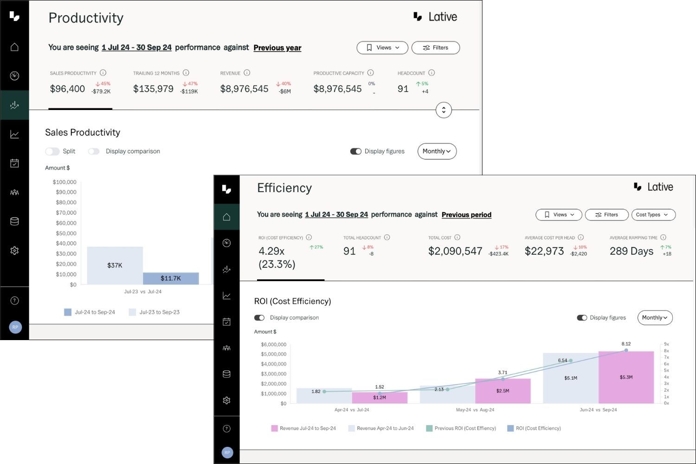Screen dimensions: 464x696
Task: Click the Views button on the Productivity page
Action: point(382,48)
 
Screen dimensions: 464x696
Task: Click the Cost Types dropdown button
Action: point(653,215)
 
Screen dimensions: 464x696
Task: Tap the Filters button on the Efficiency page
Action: point(606,215)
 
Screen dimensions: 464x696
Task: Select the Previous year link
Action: point(277,48)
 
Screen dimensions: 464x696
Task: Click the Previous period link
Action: point(466,215)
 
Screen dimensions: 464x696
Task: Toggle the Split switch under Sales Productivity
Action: point(52,151)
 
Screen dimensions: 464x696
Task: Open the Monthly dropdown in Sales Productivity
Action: point(437,151)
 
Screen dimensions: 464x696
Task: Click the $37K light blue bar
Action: point(115,265)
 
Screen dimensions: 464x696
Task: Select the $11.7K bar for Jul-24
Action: point(171,278)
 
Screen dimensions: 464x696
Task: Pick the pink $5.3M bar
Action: point(626,377)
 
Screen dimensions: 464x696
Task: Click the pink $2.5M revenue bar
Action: point(503,391)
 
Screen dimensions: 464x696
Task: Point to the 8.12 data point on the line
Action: point(626,350)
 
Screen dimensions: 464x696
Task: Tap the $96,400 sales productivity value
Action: point(67,89)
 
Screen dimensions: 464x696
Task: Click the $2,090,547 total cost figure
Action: point(455,251)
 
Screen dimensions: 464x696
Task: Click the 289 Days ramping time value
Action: point(631,251)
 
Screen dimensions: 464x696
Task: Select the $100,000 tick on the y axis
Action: point(64,182)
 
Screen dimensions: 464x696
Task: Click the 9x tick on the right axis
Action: point(666,344)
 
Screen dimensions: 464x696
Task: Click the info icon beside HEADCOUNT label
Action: point(432,73)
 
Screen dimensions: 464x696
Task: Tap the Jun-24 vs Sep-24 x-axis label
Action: point(598,410)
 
